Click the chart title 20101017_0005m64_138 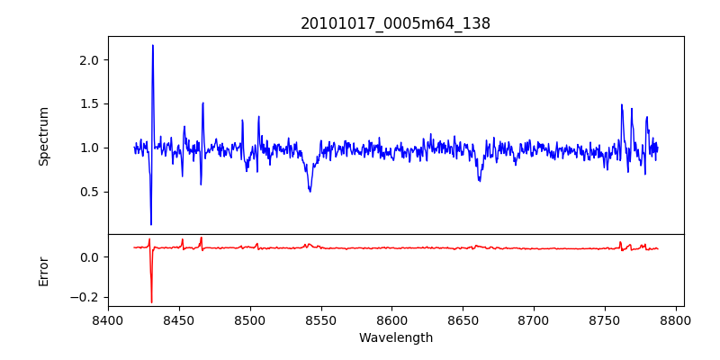[x=395, y=24]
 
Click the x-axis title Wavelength [x=395, y=337]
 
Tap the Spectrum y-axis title [x=43, y=136]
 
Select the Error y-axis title [x=43, y=271]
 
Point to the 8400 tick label [x=108, y=319]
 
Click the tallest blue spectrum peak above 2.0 [x=153, y=45]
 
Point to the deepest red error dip [x=151, y=302]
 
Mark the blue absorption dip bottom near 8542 [x=310, y=191]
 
